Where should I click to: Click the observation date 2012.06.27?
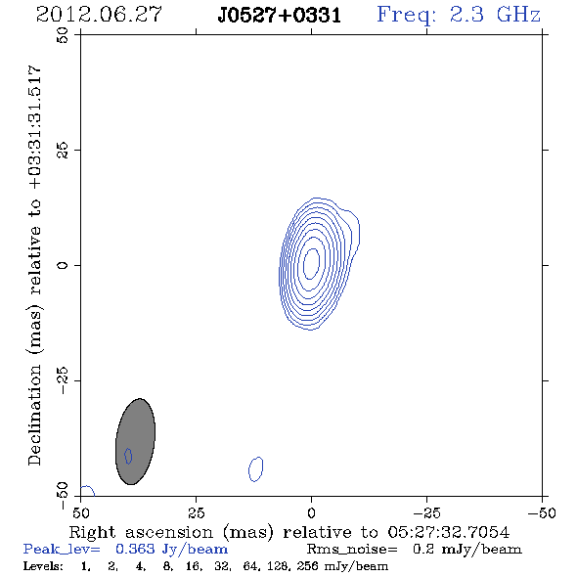click(x=99, y=15)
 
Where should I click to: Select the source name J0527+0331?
click(x=280, y=16)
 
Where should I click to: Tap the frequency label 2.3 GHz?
click(x=495, y=15)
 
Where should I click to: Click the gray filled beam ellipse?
click(x=135, y=441)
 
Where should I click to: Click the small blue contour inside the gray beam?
click(x=128, y=456)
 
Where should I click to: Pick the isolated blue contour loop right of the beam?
click(x=256, y=469)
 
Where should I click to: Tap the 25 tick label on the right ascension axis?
click(x=196, y=512)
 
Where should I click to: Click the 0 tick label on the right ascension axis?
click(x=311, y=512)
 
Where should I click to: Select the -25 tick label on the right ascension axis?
click(x=426, y=512)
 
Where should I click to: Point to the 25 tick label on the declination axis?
click(x=63, y=151)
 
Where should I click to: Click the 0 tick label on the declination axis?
click(x=63, y=265)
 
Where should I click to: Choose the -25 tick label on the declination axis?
click(x=63, y=380)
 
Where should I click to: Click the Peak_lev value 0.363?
click(x=135, y=549)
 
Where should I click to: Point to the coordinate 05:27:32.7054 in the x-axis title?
click(x=449, y=532)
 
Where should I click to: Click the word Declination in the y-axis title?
click(x=34, y=415)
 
